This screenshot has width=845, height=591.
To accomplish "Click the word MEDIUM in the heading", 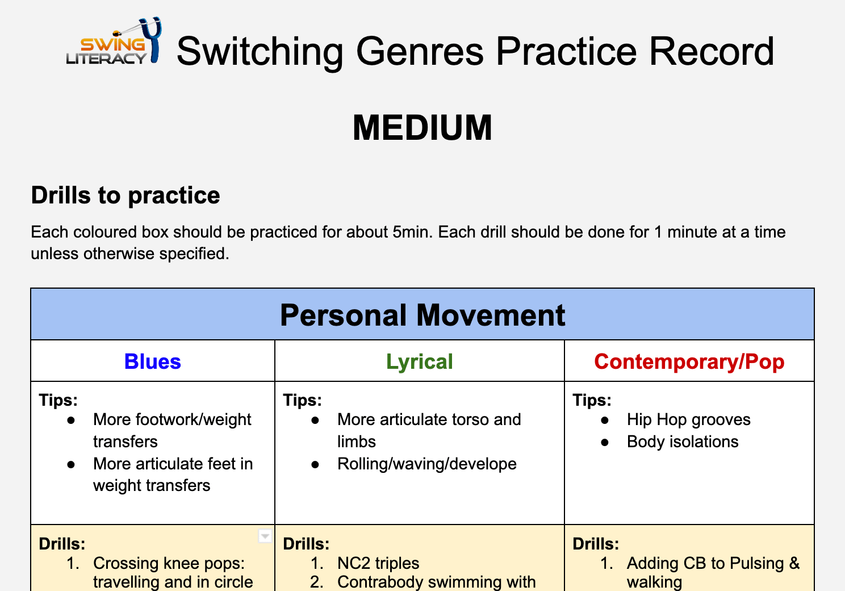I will pos(422,128).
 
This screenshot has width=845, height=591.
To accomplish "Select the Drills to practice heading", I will pos(126,195).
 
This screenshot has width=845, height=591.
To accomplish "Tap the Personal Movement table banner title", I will pos(422,315).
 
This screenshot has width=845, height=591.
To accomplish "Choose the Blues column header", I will pos(152,362).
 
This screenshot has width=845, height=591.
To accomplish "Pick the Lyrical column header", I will pos(419,362).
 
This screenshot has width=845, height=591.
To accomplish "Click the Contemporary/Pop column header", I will pos(689,362).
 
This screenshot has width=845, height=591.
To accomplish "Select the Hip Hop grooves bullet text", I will pos(688,420).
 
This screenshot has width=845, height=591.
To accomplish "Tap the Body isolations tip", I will pos(682,442).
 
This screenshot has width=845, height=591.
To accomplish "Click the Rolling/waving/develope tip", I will pos(426,464).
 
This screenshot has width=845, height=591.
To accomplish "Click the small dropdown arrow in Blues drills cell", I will pos(265,536).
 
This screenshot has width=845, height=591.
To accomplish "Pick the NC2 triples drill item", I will pos(378,563).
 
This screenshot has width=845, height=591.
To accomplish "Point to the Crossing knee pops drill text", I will pos(169,564).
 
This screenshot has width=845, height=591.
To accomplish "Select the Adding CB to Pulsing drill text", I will pos(713,564).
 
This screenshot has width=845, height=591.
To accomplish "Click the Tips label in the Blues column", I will pos(58,400).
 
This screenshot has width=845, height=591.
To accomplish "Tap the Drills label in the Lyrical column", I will pos(306,544).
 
